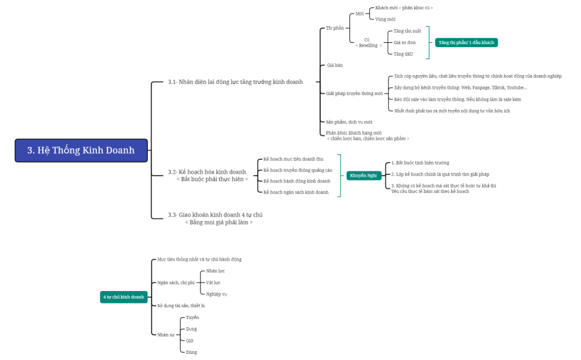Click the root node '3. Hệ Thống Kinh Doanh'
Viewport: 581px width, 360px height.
[x=81, y=150]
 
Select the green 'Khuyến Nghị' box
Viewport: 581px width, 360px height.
[x=364, y=176]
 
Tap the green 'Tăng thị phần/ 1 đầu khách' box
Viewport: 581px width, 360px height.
[x=466, y=42]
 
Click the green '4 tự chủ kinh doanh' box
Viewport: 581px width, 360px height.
[x=124, y=297]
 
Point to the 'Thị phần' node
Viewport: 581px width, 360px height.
[x=335, y=28]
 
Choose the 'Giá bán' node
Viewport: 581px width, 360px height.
[x=335, y=65]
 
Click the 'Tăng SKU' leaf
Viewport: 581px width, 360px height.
[x=403, y=54]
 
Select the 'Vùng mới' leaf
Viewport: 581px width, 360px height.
[x=385, y=19]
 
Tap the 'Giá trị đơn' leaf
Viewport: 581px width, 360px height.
[x=405, y=42]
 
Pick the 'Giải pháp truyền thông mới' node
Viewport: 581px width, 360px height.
[x=354, y=93]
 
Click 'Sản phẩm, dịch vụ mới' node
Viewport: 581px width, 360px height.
[x=349, y=122]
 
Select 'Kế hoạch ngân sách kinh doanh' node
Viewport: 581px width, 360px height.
[x=296, y=192]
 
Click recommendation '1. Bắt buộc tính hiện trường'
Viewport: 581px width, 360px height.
[x=420, y=163]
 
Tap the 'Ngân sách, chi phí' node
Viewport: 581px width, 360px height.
[x=176, y=282]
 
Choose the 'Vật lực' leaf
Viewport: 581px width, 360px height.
[x=214, y=282]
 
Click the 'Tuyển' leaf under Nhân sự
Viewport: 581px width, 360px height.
[x=192, y=317]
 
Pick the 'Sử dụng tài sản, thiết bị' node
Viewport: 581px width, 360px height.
[x=181, y=305]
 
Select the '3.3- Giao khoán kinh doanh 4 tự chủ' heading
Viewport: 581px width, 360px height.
[x=219, y=215]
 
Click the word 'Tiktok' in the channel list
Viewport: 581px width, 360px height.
[x=498, y=88]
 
